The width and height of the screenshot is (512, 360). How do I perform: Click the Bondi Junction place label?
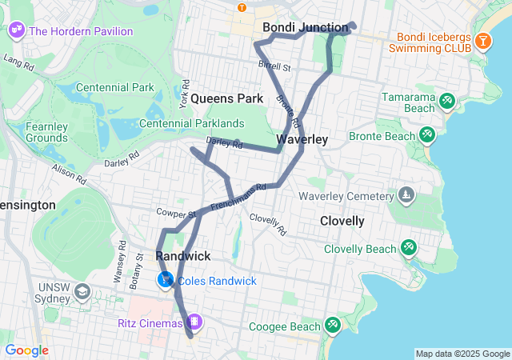[306, 28]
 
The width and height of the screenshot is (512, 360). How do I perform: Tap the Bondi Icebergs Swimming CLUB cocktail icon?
[483, 41]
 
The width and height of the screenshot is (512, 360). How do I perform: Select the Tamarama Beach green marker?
[447, 101]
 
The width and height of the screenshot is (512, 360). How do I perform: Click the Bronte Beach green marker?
[428, 136]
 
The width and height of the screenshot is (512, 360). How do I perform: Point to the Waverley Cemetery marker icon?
[407, 196]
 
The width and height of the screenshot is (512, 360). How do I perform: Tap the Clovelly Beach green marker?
[409, 249]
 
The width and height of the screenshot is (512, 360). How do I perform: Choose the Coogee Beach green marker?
[332, 326]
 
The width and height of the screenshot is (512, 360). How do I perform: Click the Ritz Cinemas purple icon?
[194, 322]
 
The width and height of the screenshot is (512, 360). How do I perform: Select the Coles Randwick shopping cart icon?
[166, 281]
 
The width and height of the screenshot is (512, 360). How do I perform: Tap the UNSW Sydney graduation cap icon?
[82, 291]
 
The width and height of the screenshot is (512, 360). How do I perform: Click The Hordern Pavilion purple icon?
[16, 31]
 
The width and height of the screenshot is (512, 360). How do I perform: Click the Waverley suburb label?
[302, 139]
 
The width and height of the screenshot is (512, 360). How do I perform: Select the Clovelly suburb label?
[342, 221]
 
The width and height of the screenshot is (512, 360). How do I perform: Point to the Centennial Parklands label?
[192, 123]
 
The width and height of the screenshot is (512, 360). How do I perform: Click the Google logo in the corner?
[26, 350]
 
